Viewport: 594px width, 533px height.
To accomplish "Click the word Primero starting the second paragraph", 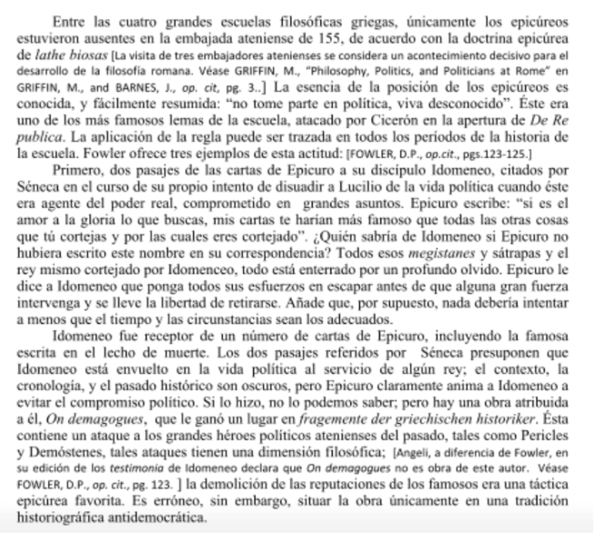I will pyautogui.click(x=106, y=169).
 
